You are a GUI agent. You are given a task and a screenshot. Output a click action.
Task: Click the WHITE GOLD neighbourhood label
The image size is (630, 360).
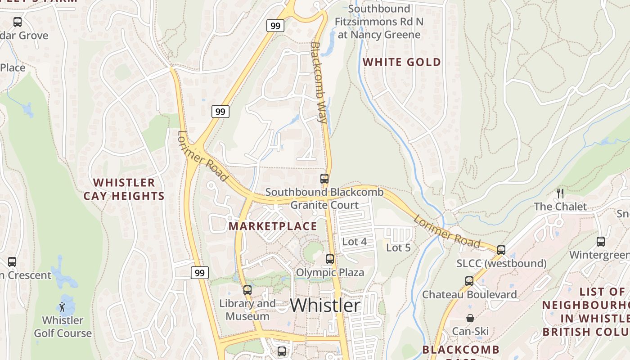402,62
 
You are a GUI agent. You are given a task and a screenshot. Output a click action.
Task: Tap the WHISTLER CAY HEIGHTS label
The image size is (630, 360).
124,189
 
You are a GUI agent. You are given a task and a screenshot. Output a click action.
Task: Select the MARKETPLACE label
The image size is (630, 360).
273,226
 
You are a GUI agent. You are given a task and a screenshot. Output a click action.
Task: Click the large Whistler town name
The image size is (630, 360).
325,306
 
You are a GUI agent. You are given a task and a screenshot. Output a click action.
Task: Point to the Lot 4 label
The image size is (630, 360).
355,242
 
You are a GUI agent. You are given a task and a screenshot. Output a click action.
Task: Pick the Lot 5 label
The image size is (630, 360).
398,247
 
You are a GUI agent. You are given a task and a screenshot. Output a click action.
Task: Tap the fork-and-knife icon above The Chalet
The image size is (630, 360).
560,193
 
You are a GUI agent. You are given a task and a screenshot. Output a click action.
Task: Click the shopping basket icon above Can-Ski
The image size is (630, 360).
470,318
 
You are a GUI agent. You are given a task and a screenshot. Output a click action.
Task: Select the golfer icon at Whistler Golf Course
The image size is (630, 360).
62,307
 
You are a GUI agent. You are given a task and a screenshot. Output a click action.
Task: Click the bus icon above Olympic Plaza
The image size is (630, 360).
330,259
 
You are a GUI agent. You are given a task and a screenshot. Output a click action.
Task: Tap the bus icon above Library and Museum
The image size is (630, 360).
247,290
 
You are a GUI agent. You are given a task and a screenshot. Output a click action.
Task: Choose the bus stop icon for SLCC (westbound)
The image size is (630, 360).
501,250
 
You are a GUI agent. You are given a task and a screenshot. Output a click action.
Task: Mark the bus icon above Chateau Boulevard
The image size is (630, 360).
469,281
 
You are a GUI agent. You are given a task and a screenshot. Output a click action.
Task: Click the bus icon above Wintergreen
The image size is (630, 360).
600,242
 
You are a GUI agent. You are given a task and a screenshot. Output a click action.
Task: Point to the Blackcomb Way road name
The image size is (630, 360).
319,83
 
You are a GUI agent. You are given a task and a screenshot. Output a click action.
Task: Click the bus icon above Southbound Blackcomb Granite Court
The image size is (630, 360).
324,179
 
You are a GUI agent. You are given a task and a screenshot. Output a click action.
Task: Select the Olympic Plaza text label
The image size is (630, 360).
330,272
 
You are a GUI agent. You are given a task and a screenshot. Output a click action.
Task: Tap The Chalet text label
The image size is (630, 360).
560,207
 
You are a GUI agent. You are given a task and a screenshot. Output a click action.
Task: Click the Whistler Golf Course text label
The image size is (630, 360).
63,327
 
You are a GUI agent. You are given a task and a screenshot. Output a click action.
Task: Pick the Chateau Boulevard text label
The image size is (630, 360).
469,294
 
